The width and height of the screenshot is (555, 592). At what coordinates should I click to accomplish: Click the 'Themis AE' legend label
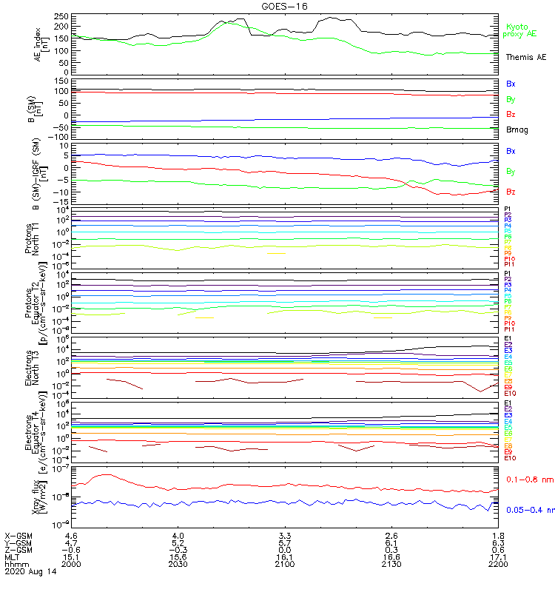pyautogui.click(x=525, y=57)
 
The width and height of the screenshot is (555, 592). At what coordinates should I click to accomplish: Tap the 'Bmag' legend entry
pyautogui.click(x=517, y=129)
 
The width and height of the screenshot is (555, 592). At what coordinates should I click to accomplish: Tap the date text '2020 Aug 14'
pyautogui.click(x=30, y=573)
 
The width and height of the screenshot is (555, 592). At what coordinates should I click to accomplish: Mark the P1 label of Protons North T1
pyautogui.click(x=508, y=209)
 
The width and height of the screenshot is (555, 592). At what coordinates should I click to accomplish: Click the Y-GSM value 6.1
pyautogui.click(x=391, y=542)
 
